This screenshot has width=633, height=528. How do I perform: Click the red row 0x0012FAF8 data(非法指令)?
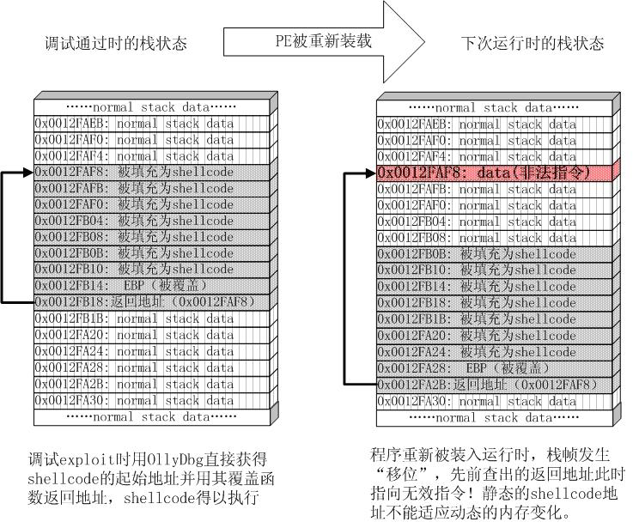coord(495,173)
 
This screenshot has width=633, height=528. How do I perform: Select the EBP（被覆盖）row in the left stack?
coord(152,286)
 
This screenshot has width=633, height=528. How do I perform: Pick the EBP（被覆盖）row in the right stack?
coord(495,368)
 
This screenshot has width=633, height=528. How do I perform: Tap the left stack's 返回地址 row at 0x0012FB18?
coord(152,302)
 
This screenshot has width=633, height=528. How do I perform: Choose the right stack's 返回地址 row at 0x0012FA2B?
coord(495,385)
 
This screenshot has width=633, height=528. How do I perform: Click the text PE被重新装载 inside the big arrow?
coord(323,40)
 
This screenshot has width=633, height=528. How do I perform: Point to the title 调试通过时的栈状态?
coord(116,43)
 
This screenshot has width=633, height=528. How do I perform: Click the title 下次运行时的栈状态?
coord(533,43)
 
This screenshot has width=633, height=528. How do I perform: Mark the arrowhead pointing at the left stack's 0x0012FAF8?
coord(28,173)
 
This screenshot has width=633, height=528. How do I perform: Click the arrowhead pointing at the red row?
coord(371,173)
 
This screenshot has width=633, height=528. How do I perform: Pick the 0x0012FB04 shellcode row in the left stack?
coord(152,221)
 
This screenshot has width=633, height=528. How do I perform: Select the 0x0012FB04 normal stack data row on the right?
coord(495,222)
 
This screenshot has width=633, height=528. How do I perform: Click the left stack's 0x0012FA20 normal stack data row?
coord(152,335)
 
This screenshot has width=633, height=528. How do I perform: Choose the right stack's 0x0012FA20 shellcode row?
coord(495,336)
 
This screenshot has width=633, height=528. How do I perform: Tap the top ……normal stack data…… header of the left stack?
coord(152,107)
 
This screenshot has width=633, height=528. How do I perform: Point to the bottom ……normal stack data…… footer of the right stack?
coord(495,417)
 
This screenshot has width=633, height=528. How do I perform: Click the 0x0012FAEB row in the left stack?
coord(152,124)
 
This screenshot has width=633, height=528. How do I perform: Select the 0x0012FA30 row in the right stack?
coord(495,401)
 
